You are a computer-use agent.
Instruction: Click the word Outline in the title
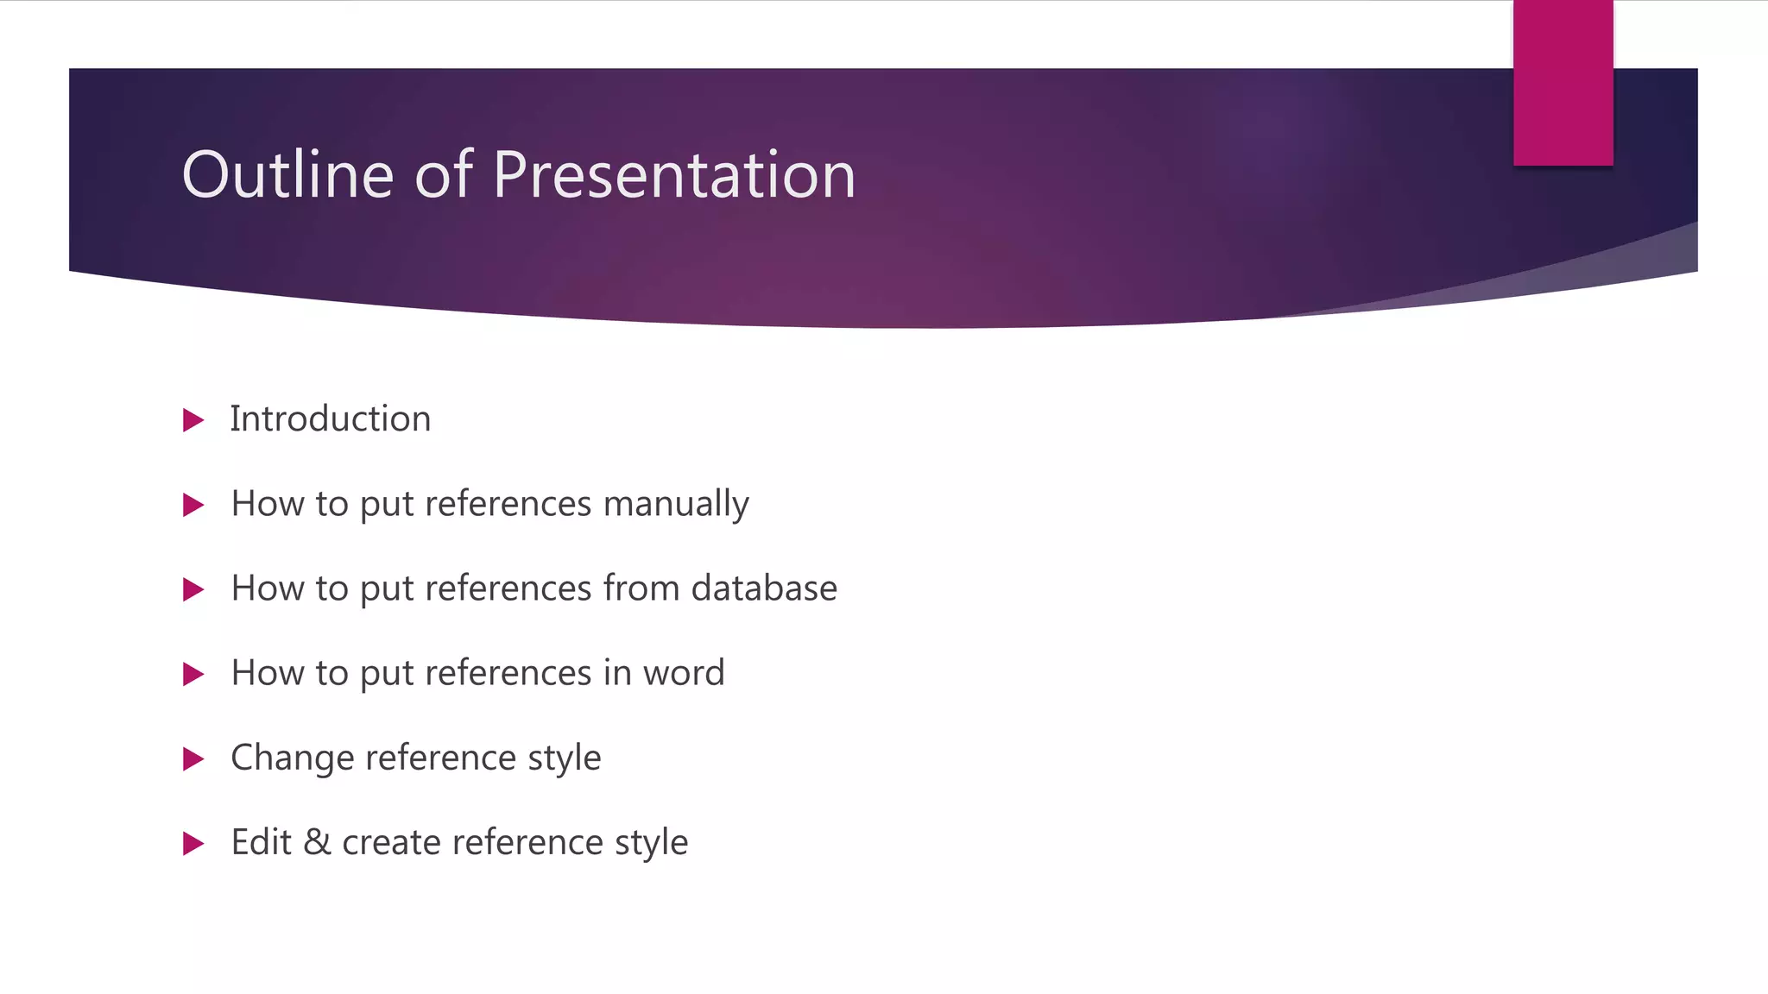click(x=287, y=175)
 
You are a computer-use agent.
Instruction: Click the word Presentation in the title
click(x=673, y=175)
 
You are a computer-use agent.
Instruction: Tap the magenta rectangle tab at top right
click(x=1563, y=83)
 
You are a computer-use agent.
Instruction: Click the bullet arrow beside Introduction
click(x=193, y=421)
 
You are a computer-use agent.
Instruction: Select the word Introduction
click(x=330, y=419)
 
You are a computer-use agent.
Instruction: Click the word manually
click(x=675, y=504)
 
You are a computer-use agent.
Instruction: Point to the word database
click(x=763, y=588)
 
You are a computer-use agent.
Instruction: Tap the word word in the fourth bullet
click(x=683, y=673)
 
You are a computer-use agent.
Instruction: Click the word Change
click(x=292, y=758)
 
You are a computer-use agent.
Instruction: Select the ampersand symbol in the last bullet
click(x=317, y=842)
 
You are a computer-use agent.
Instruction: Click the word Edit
click(x=261, y=842)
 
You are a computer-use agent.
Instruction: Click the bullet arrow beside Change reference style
click(x=193, y=759)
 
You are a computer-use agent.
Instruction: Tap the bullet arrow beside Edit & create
click(x=193, y=844)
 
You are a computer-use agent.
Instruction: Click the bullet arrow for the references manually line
click(x=193, y=506)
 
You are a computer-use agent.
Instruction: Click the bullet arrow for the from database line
click(x=193, y=590)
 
